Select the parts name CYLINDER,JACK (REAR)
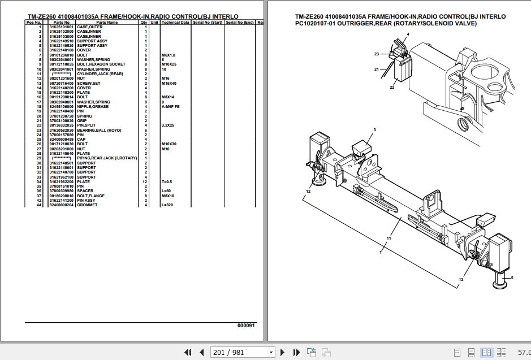point(100,74)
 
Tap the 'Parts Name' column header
point(106,23)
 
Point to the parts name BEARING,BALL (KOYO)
point(100,130)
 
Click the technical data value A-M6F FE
point(171,107)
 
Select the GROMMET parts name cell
point(87,205)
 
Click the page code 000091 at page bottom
point(246,326)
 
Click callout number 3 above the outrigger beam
point(374,131)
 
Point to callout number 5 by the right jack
point(512,277)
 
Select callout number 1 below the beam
point(381,252)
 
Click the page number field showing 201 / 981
point(242,353)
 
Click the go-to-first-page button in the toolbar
point(188,353)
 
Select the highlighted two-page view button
point(486,353)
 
